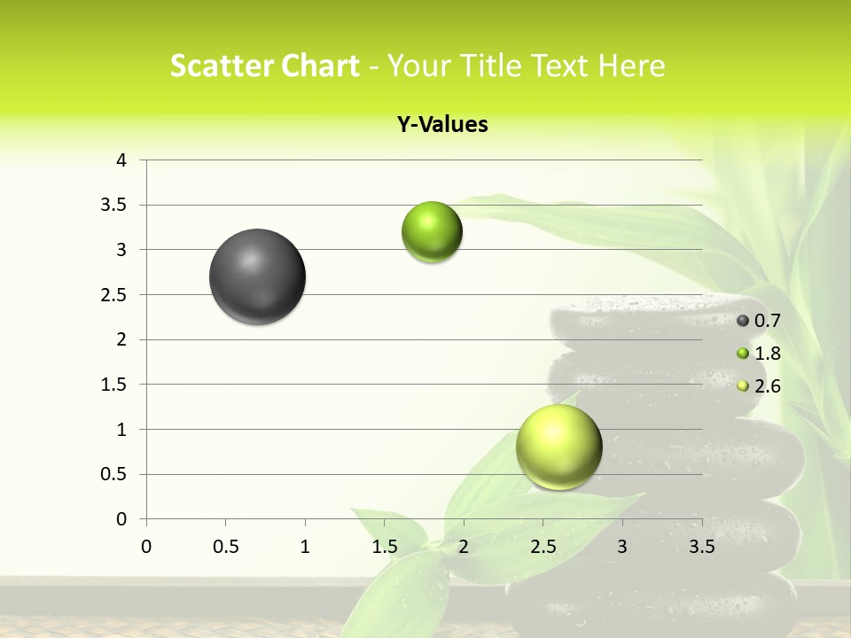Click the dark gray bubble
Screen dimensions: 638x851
click(258, 276)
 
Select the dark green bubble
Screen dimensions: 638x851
click(432, 232)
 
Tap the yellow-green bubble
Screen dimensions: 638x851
click(558, 447)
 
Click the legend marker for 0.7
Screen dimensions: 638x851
click(743, 321)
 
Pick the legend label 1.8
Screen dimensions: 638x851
click(767, 354)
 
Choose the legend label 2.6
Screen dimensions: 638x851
click(767, 385)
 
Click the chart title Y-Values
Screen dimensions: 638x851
click(442, 125)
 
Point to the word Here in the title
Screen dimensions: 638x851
click(631, 66)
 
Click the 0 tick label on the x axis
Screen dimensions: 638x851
click(146, 547)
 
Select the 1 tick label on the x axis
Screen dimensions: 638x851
click(305, 547)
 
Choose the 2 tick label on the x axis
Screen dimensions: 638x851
click(464, 547)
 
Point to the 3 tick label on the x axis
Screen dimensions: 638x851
click(622, 547)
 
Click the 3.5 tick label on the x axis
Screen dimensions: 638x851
click(701, 547)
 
